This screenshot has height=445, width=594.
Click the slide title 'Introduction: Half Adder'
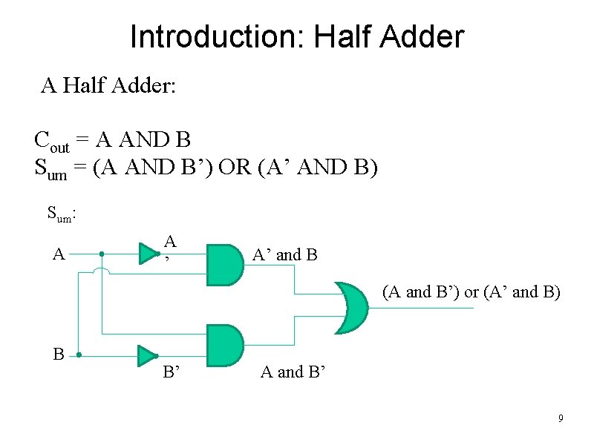pyautogui.click(x=297, y=36)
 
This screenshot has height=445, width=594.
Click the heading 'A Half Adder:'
pyautogui.click(x=108, y=86)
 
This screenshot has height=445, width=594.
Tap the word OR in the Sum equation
pyautogui.click(x=236, y=167)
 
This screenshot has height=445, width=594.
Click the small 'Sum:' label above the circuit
pyautogui.click(x=63, y=214)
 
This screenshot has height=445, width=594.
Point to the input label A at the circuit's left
pyautogui.click(x=59, y=254)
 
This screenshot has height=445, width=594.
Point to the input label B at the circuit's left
pyautogui.click(x=59, y=355)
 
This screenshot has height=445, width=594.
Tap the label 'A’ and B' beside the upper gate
pyautogui.click(x=285, y=255)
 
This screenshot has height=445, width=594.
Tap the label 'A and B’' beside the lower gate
pyautogui.click(x=293, y=372)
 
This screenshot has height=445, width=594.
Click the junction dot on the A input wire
pyautogui.click(x=101, y=254)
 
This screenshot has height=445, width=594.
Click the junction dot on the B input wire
pyautogui.click(x=78, y=355)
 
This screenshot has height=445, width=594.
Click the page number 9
pyautogui.click(x=561, y=420)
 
